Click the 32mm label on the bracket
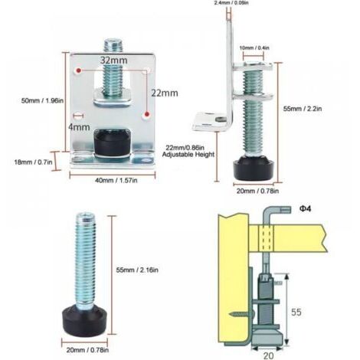[113, 61]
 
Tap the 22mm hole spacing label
[165, 93]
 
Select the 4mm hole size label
[79, 127]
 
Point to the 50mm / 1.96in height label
[42, 100]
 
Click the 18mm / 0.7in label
[33, 162]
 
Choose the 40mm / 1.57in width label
[116, 180]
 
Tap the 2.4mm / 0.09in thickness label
[231, 3]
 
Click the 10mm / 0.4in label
[254, 47]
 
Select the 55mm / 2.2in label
[303, 109]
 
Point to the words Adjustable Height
[188, 155]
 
